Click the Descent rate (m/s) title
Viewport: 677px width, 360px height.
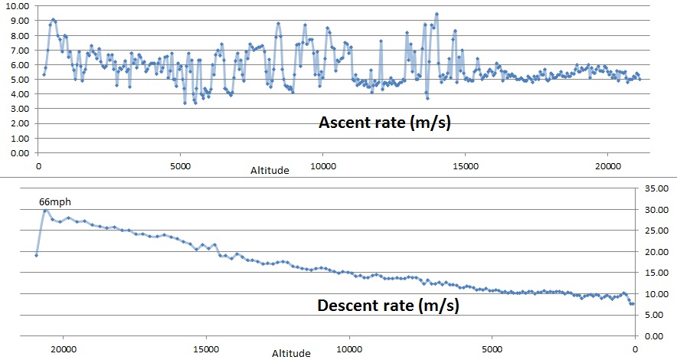pyautogui.click(x=388, y=306)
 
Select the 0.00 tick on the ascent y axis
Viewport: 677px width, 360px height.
pyautogui.click(x=18, y=153)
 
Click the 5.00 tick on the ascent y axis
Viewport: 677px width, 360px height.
pyautogui.click(x=18, y=80)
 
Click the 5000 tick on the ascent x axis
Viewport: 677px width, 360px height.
pyautogui.click(x=181, y=165)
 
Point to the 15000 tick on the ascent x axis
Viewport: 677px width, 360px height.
pyautogui.click(x=465, y=165)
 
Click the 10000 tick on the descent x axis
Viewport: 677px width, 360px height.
pyautogui.click(x=349, y=347)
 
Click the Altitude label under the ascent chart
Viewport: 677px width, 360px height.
pyautogui.click(x=270, y=171)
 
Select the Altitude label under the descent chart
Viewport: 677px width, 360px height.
pyautogui.click(x=292, y=353)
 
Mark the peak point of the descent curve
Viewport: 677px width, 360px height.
pyautogui.click(x=46, y=210)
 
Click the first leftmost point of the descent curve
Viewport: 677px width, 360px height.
pyautogui.click(x=36, y=255)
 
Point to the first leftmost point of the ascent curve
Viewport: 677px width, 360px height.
pyautogui.click(x=43, y=74)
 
